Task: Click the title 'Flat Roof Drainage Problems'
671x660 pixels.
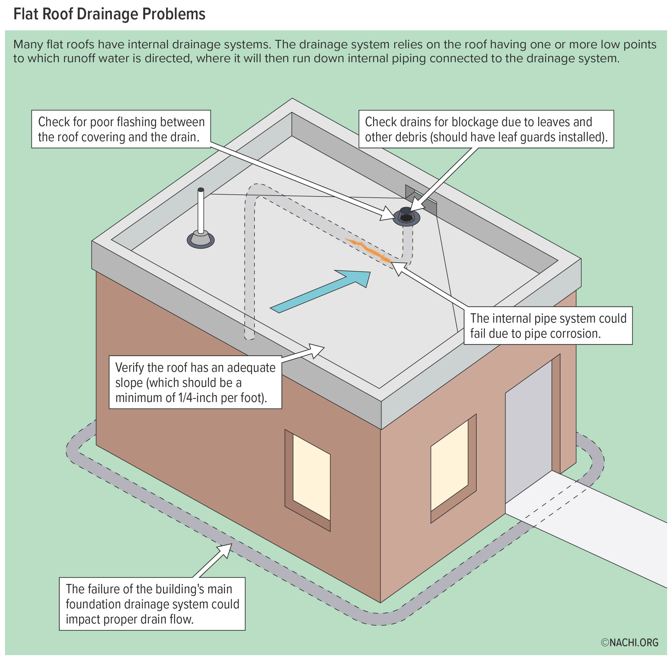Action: pyautogui.click(x=109, y=14)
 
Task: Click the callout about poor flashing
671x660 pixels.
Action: pyautogui.click(x=121, y=129)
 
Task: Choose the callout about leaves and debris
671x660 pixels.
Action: pyautogui.click(x=486, y=129)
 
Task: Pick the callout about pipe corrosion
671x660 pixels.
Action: pyautogui.click(x=548, y=326)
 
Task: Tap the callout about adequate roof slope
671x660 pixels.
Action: pyautogui.click(x=195, y=382)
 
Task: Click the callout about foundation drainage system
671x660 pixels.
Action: pyautogui.click(x=152, y=604)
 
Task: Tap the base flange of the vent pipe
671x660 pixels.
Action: pyautogui.click(x=200, y=240)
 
